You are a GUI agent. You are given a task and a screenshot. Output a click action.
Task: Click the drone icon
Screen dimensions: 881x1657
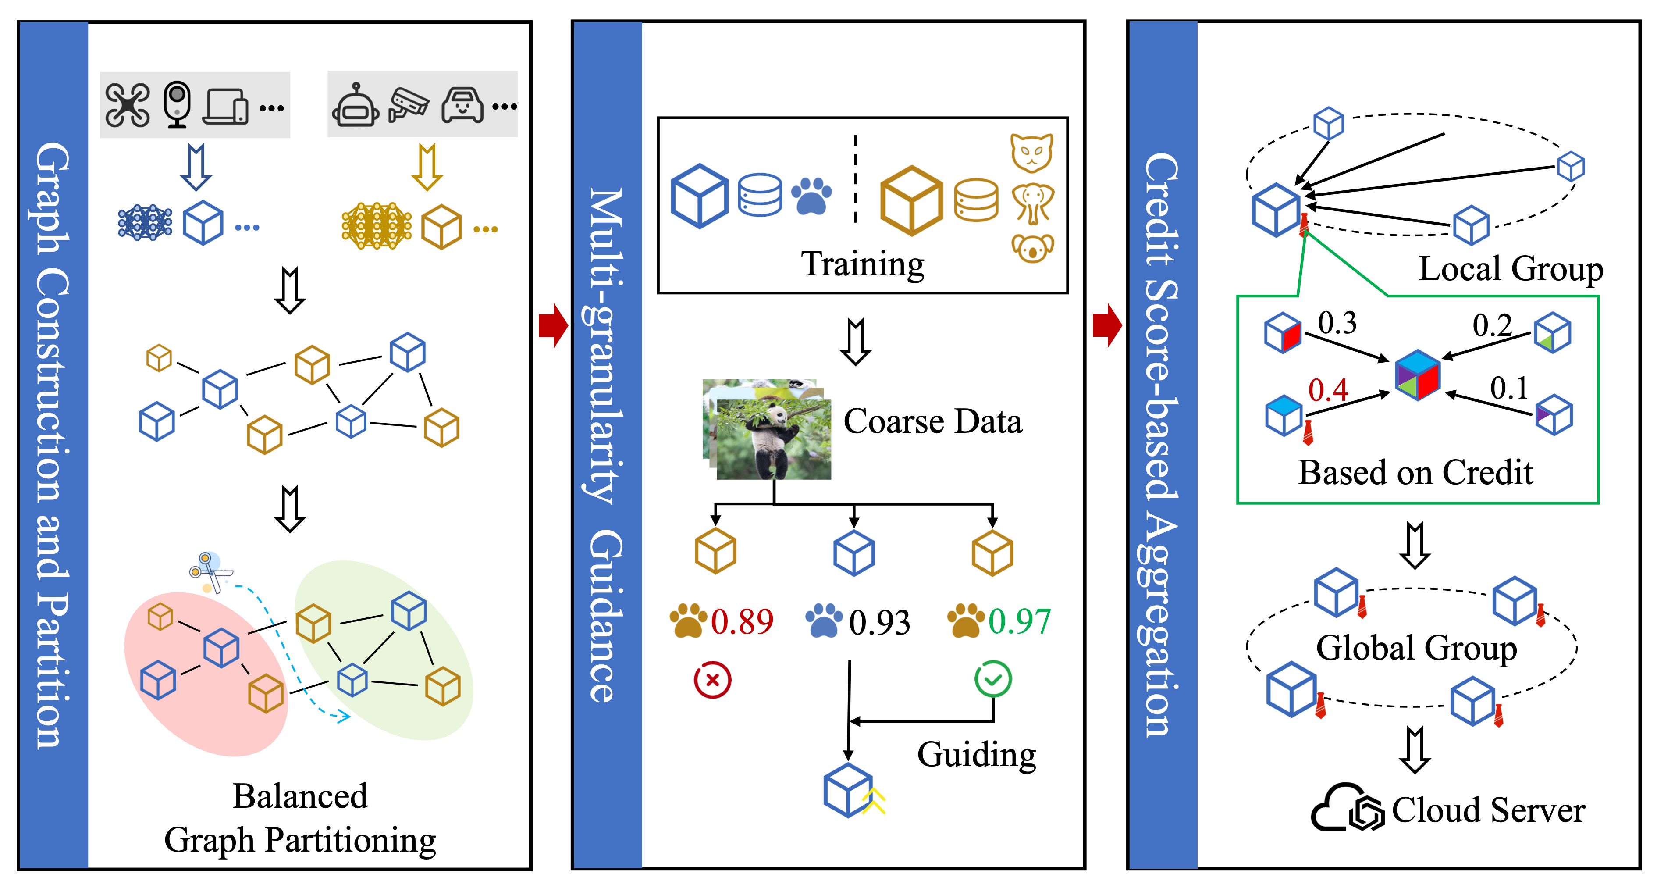(128, 105)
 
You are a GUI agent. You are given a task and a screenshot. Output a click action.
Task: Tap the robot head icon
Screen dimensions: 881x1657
(355, 106)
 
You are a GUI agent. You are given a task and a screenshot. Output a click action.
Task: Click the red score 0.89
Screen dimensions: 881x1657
(742, 622)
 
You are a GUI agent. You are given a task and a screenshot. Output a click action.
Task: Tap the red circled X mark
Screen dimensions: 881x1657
(712, 680)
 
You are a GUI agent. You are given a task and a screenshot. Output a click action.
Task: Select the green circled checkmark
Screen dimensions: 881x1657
(992, 679)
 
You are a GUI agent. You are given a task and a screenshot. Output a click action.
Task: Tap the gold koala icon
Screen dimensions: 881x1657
(1032, 248)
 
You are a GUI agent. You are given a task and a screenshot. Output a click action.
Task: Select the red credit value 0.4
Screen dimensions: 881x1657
(1328, 390)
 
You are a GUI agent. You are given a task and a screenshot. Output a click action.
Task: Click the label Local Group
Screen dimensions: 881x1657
(1510, 268)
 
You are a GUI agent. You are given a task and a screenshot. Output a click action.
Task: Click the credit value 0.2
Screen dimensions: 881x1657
(1492, 326)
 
